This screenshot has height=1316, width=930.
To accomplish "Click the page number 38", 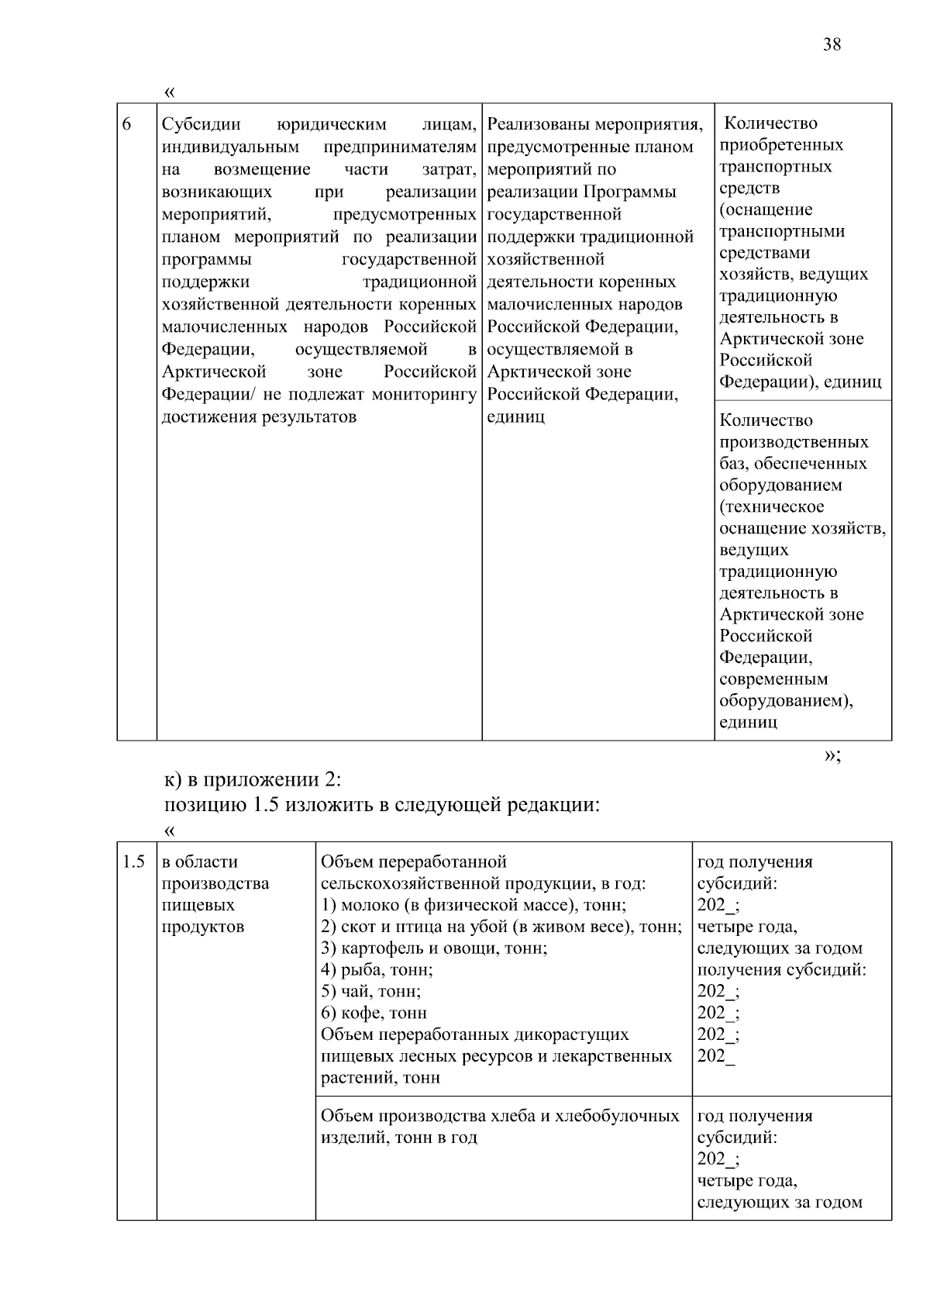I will pyautogui.click(x=831, y=44).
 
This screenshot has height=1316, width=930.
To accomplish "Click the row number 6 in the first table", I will pyautogui.click(x=127, y=125).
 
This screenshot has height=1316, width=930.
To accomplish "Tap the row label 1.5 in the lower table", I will pyautogui.click(x=133, y=862).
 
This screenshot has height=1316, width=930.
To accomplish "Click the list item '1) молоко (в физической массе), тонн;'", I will pyautogui.click(x=474, y=905).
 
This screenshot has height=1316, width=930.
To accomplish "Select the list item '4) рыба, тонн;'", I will pyautogui.click(x=377, y=969).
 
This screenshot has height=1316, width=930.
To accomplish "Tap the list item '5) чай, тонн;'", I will pyautogui.click(x=370, y=991).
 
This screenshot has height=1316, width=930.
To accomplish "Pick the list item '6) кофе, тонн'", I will pyautogui.click(x=374, y=1013).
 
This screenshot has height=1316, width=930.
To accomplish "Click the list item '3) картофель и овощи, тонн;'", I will pyautogui.click(x=434, y=948).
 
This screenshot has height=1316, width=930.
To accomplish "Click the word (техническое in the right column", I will pyautogui.click(x=771, y=507).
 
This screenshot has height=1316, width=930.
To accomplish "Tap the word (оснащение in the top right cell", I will pyautogui.click(x=766, y=210).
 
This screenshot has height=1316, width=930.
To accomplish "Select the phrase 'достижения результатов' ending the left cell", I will pyautogui.click(x=259, y=417).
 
